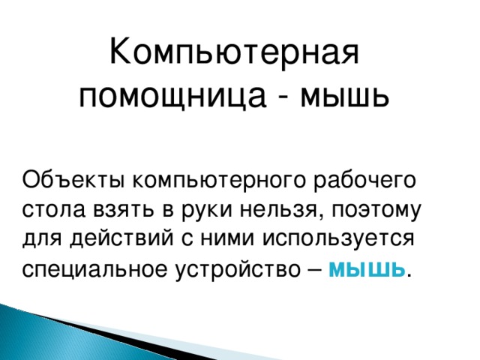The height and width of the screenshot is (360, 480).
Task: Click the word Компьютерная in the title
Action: tap(235, 54)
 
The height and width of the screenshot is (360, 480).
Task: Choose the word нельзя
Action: tap(275, 209)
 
